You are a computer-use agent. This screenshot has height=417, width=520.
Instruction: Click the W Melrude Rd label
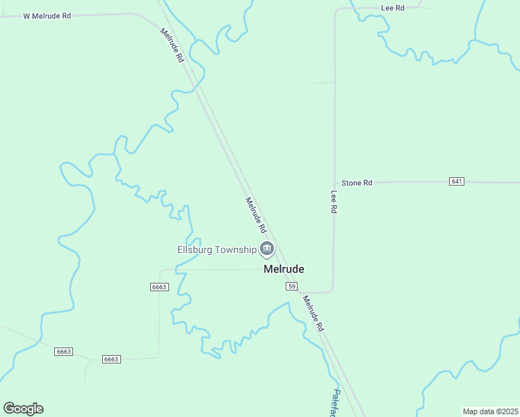(47, 15)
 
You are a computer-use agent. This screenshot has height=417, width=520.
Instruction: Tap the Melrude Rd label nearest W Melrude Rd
(172, 46)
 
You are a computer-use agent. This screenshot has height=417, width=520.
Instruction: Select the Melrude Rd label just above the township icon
(256, 215)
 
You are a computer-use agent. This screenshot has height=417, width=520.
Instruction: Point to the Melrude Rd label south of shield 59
(314, 313)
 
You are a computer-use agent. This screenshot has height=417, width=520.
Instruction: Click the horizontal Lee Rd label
(393, 8)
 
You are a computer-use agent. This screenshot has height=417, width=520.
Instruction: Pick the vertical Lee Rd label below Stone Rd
(334, 202)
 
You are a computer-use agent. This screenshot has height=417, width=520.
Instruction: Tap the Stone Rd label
(357, 183)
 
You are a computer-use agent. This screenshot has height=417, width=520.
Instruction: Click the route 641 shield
(457, 181)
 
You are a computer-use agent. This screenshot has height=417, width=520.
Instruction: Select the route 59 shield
(292, 286)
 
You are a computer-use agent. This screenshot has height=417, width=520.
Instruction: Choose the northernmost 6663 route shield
(159, 287)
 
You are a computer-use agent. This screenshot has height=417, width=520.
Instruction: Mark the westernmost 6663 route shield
(63, 352)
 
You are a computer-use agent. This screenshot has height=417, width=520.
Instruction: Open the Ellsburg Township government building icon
(266, 249)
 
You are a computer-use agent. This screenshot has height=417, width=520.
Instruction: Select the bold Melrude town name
(284, 269)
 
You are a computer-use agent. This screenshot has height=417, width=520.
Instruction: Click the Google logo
(23, 409)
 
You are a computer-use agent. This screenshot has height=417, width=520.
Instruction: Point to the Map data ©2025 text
(490, 411)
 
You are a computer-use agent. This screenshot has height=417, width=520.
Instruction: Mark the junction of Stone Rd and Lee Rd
(334, 183)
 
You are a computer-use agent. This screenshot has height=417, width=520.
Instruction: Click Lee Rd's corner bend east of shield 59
(332, 290)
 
